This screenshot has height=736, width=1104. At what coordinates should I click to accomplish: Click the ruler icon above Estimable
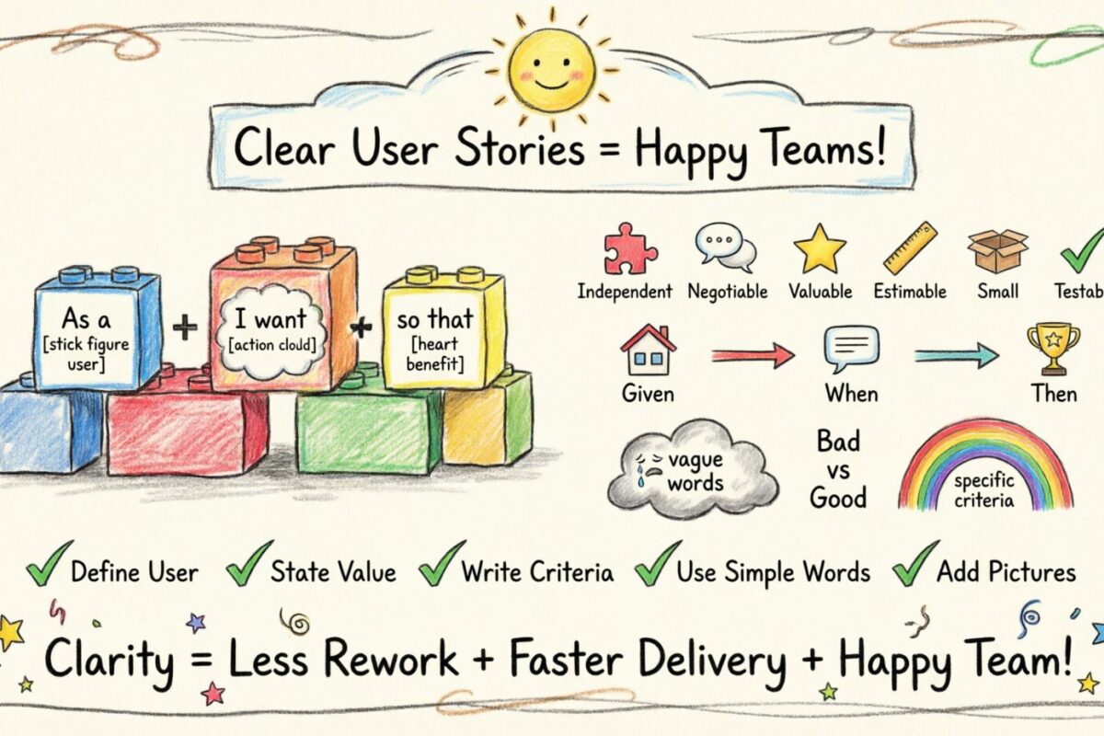pyautogui.click(x=910, y=247)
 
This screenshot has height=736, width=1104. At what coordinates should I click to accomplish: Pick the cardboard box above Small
pyautogui.click(x=997, y=249)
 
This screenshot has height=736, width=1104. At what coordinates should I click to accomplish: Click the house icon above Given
pyautogui.click(x=648, y=351)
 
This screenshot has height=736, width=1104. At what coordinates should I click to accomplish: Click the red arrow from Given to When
pyautogui.click(x=752, y=354)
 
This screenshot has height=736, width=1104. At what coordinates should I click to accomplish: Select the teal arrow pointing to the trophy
pyautogui.click(x=957, y=354)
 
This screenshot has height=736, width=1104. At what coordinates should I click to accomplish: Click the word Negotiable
pyautogui.click(x=727, y=292)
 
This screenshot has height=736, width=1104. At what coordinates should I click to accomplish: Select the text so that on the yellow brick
pyautogui.click(x=433, y=321)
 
